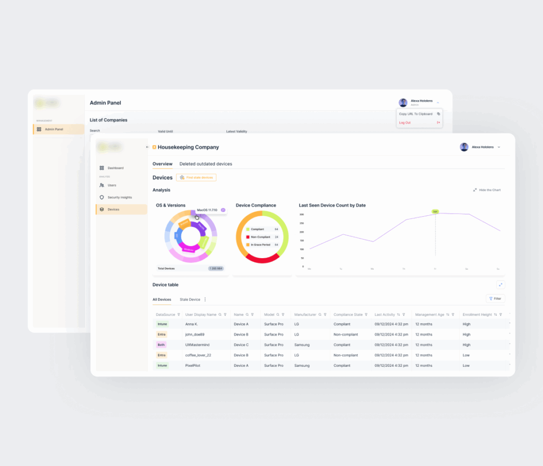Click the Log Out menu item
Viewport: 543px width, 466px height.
point(405,122)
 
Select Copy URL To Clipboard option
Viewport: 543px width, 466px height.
point(416,114)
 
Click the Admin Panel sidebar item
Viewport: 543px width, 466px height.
point(54,129)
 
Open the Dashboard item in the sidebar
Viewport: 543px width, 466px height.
point(115,168)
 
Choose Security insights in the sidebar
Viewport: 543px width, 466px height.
point(119,197)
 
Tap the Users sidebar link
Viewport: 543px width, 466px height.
point(111,185)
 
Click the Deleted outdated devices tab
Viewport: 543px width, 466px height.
point(206,164)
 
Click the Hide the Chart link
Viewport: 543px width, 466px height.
point(489,190)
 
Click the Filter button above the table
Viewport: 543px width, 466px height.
point(495,298)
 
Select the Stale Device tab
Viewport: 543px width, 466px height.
point(190,300)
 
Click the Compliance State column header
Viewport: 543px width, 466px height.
point(348,314)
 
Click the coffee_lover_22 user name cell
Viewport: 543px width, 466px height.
point(198,355)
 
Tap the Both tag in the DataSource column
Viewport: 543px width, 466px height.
point(162,345)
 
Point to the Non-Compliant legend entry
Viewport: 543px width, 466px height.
point(260,237)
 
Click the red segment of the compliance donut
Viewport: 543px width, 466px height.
point(261,259)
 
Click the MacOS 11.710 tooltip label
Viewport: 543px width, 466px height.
point(207,210)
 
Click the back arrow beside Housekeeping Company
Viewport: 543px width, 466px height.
point(147,147)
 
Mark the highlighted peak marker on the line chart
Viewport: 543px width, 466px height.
point(435,212)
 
